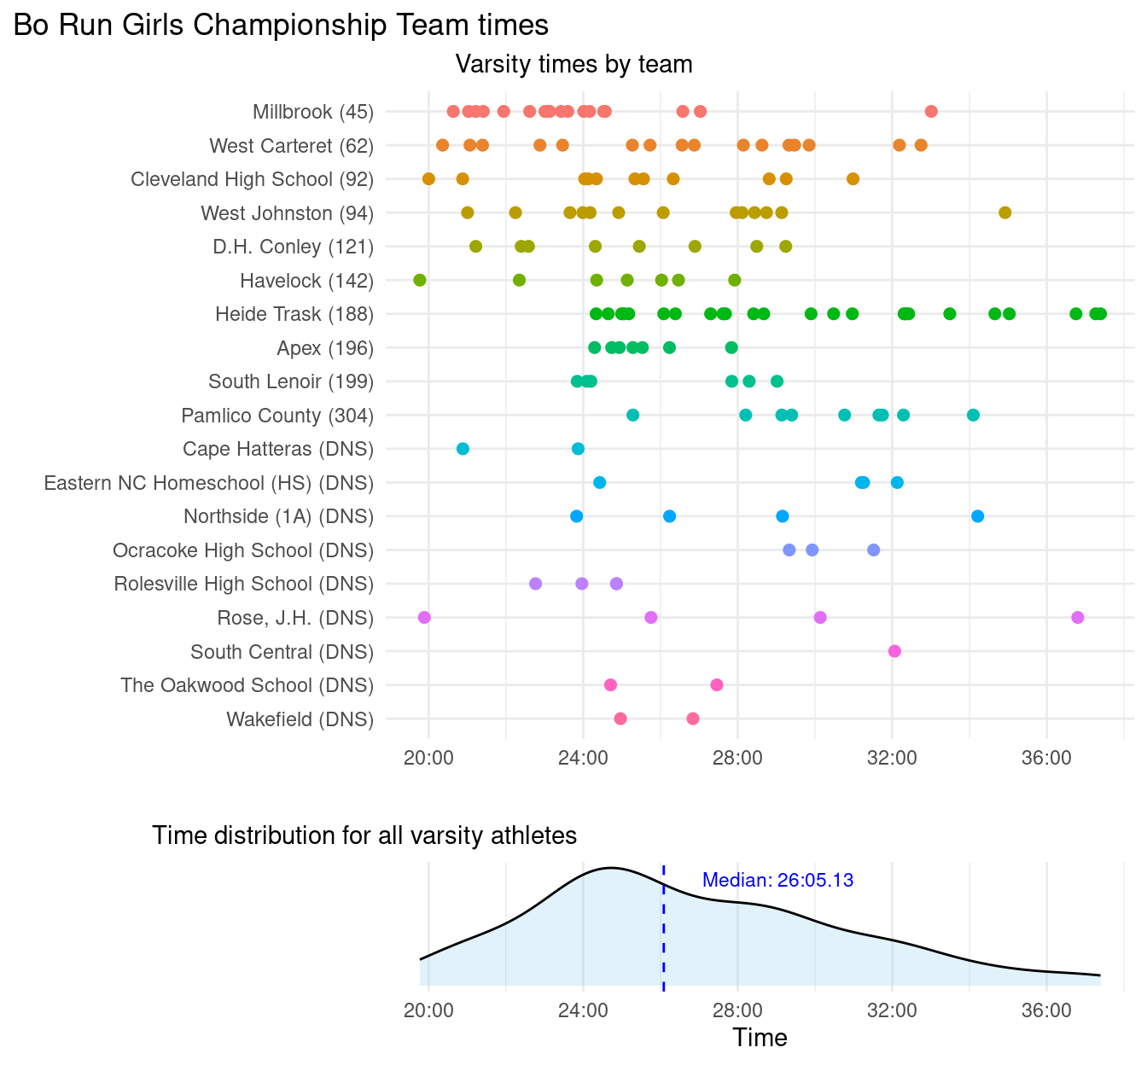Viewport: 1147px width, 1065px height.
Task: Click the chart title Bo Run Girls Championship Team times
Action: click(281, 25)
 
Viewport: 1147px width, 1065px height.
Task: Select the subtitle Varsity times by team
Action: click(573, 64)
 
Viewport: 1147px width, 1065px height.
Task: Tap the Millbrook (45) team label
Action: click(313, 112)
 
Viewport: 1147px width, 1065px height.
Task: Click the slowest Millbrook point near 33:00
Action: click(931, 112)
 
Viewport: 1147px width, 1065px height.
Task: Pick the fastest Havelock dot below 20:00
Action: click(419, 280)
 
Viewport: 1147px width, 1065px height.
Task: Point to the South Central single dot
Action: click(894, 651)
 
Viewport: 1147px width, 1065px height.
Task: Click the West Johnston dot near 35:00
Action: click(1004, 212)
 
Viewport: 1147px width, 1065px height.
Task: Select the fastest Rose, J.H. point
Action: click(424, 617)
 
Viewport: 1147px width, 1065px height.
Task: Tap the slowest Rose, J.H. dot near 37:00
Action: click(1077, 617)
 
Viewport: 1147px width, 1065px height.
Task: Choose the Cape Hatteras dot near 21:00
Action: click(463, 449)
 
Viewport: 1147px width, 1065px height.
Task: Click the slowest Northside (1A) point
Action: click(977, 516)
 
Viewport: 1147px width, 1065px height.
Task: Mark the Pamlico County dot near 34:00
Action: click(973, 415)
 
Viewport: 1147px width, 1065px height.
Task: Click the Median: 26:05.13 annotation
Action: click(777, 881)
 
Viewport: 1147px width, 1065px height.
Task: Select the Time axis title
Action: click(760, 1038)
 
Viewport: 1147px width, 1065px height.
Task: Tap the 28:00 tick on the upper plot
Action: click(737, 757)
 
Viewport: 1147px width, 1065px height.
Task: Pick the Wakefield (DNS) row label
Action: click(300, 719)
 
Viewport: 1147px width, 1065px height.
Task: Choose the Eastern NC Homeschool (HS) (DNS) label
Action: click(209, 483)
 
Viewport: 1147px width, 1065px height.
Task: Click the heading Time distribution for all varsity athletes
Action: click(364, 835)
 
